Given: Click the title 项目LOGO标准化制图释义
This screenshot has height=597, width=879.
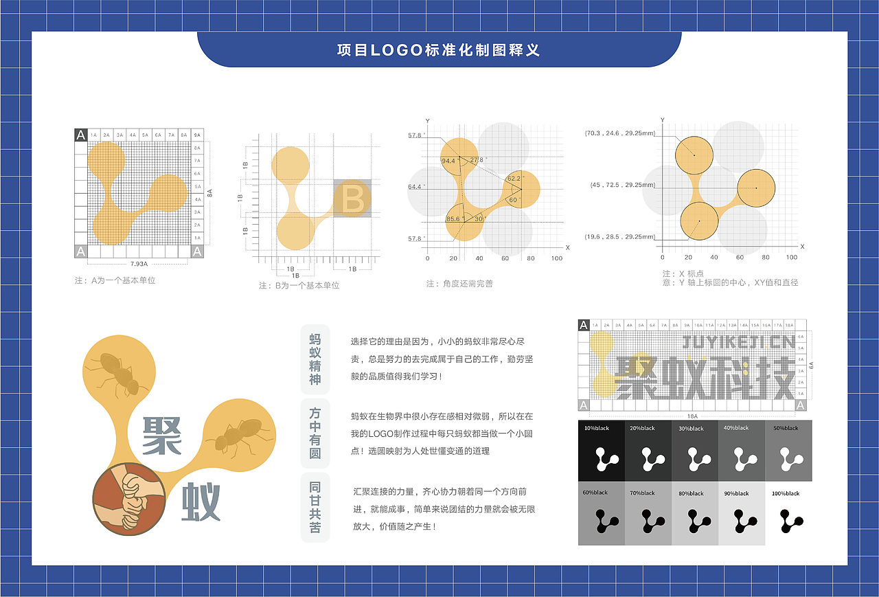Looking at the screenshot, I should click(x=439, y=50).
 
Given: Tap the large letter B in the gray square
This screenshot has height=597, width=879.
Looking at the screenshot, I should click(x=353, y=199).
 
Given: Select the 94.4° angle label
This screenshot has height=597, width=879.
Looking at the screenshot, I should click(x=448, y=161).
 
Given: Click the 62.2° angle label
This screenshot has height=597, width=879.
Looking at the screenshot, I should click(x=514, y=179).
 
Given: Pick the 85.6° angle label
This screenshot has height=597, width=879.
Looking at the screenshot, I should click(x=453, y=219).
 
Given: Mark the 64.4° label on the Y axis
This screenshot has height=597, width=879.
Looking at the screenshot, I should click(x=416, y=187).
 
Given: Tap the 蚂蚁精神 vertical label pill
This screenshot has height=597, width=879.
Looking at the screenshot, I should click(x=315, y=359).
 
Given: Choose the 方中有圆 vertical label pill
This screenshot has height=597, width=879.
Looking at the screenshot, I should click(x=315, y=433).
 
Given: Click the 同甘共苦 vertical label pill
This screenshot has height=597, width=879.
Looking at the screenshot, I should click(x=315, y=507).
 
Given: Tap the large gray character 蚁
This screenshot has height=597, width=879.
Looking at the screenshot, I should click(x=201, y=502).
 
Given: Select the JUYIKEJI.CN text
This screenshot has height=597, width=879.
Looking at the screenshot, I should click(x=738, y=341).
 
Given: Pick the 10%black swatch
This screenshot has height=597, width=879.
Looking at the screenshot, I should click(x=602, y=451).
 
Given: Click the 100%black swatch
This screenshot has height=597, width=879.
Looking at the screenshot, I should click(x=788, y=512).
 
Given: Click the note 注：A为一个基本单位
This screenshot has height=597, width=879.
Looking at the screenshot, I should click(x=115, y=280).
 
